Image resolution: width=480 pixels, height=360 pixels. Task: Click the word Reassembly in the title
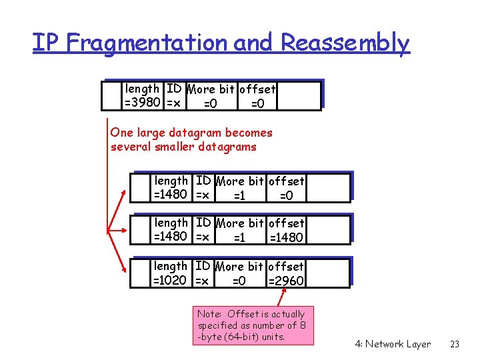click(345, 43)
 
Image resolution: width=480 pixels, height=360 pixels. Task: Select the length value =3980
click(142, 103)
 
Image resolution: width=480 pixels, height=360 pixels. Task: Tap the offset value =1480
click(286, 237)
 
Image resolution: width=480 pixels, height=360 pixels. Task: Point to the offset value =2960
click(286, 281)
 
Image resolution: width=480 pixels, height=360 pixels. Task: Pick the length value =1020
click(171, 281)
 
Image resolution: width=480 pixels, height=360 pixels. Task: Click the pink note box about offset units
click(255, 325)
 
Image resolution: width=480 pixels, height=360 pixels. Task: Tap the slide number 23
click(455, 344)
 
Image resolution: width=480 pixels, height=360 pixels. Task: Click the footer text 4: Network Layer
click(393, 344)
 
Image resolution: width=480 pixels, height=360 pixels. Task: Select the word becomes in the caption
click(249, 133)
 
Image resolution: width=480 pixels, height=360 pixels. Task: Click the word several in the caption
click(131, 147)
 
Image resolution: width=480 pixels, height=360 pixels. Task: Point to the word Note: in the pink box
click(211, 314)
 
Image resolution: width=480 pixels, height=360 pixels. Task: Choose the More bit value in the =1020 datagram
click(239, 281)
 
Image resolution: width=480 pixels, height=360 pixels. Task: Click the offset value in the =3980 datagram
click(257, 103)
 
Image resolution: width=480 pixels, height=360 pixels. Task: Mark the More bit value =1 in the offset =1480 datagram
click(239, 238)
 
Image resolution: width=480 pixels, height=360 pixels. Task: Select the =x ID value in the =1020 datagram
click(202, 281)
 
